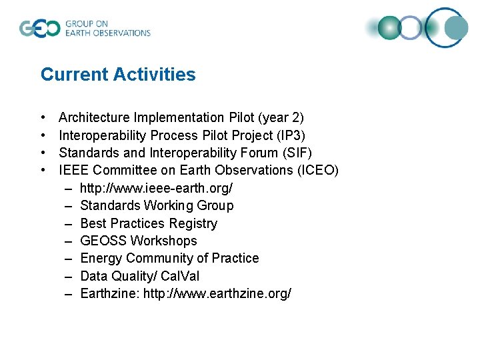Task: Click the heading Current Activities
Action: pos(118,75)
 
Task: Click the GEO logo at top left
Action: pos(39,29)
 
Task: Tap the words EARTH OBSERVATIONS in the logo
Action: pos(107,33)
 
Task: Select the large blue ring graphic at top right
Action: pos(447,27)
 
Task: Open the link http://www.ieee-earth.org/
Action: pos(156,188)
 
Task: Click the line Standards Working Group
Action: pos(157,205)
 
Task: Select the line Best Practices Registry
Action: pos(149,223)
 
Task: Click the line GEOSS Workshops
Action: pos(139,241)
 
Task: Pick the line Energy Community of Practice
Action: pos(169,258)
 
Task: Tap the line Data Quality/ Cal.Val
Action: pos(139,276)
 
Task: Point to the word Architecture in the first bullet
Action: pos(90,118)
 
